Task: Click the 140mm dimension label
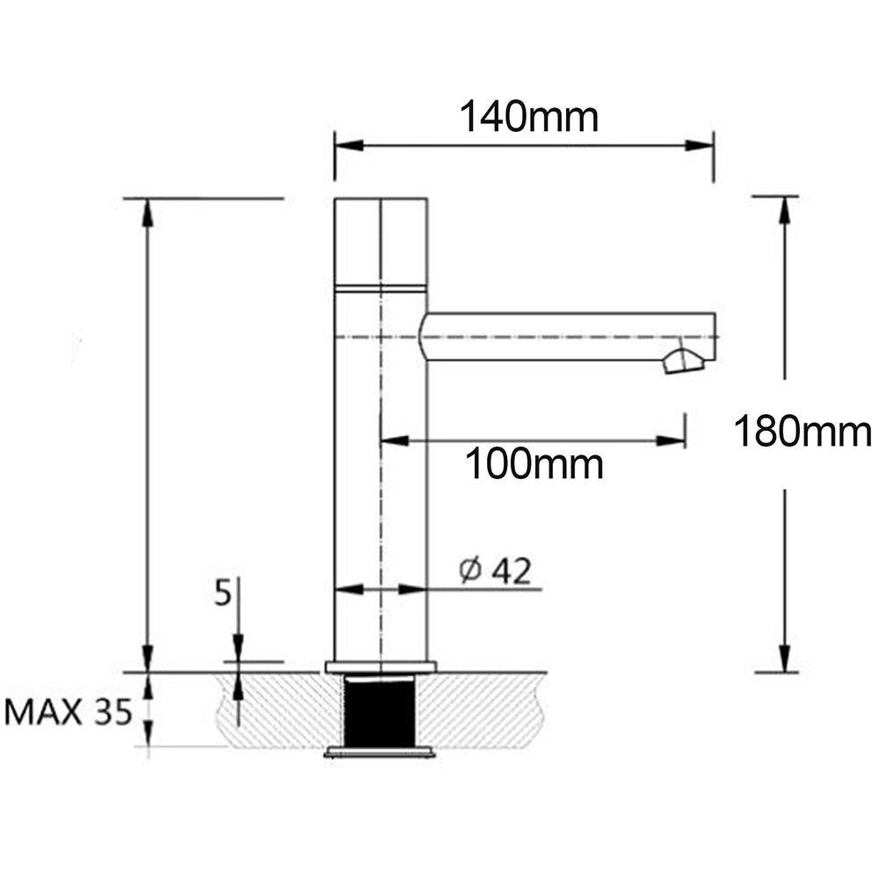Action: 529,116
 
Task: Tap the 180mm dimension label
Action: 802,432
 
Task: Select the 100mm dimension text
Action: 534,464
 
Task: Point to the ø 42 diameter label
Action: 496,571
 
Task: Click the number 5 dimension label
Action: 223,593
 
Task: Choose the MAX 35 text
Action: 69,712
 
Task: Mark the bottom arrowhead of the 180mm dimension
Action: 783,658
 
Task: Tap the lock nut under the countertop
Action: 380,752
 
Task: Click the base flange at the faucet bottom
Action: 380,666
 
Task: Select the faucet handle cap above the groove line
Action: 381,242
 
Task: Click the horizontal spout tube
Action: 563,337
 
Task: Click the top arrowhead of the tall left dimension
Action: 148,212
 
